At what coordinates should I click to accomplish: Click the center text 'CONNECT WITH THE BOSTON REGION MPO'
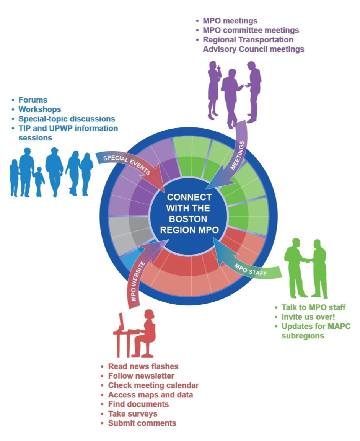point(189,214)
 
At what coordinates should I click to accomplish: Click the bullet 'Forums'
point(33,100)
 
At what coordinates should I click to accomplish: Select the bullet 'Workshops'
point(39,109)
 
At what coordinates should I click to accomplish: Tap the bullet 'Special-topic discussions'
point(67,119)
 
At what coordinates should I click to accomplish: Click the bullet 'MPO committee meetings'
point(251,30)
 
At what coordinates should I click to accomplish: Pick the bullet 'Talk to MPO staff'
point(313,307)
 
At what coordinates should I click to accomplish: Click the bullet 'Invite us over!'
point(308,317)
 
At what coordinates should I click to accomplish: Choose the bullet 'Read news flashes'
point(143,366)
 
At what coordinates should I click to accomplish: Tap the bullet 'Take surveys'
point(132,414)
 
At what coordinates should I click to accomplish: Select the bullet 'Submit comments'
point(142,423)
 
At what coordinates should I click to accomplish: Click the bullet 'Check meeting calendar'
point(153,385)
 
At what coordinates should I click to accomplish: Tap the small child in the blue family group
point(39,182)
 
